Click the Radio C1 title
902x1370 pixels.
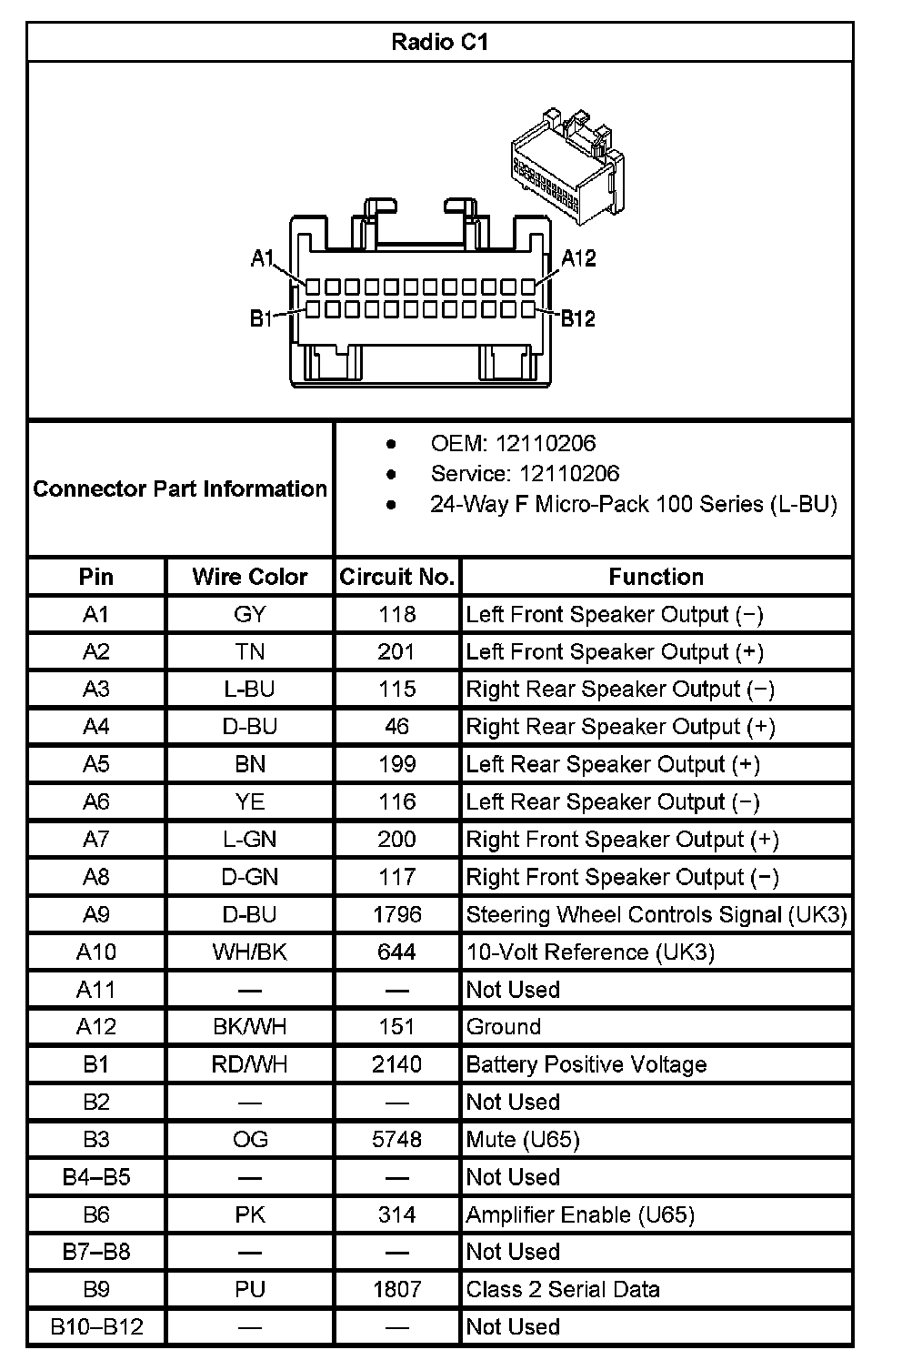coord(439,42)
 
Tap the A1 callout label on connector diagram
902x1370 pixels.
coord(263,258)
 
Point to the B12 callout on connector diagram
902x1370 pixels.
coord(577,318)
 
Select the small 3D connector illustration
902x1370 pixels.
coord(566,169)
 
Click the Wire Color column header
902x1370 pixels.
coord(250,577)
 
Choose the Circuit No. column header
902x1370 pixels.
coord(397,577)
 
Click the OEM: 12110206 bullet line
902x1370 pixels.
coord(513,443)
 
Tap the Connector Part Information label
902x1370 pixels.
coord(180,489)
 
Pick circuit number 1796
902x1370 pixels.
coord(397,914)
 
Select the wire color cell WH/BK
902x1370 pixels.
coord(250,952)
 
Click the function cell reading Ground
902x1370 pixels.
coord(504,1027)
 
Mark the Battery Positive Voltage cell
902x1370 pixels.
coord(586,1064)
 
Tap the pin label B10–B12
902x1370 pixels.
coord(96,1326)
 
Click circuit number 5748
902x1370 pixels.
coord(397,1139)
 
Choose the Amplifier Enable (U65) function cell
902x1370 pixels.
coord(580,1214)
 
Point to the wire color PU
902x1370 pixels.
coord(250,1289)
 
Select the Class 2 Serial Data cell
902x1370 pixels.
coord(563,1289)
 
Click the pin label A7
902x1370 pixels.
coord(96,840)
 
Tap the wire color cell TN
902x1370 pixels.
coord(250,652)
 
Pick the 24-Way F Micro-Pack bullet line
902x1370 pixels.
coord(633,504)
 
